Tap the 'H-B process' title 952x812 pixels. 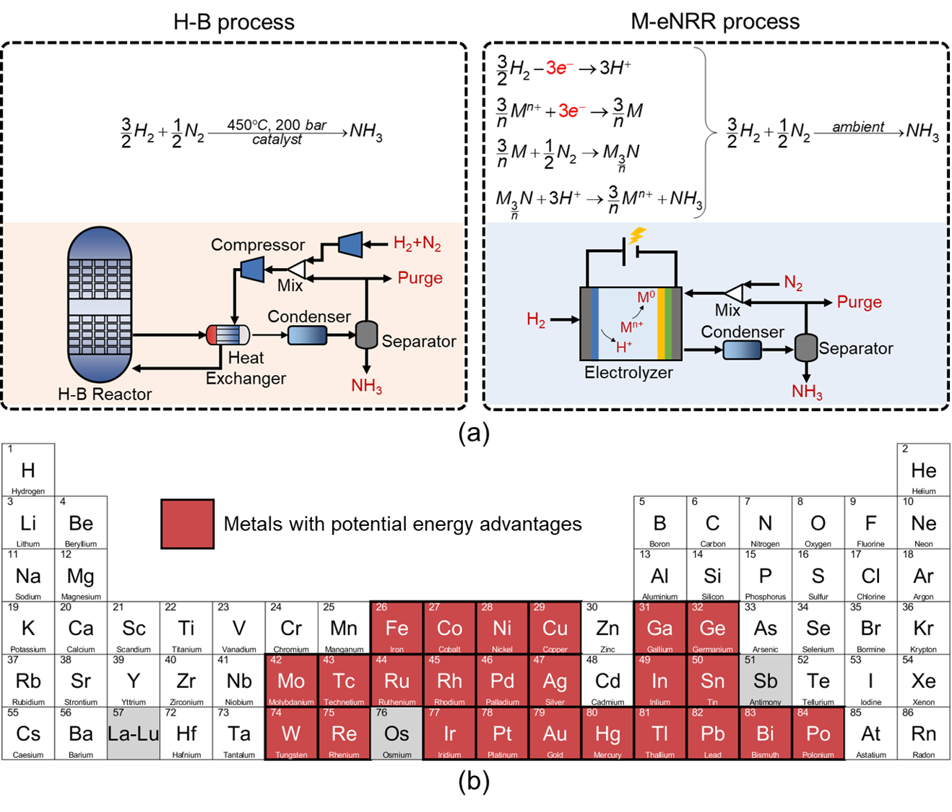pos(233,22)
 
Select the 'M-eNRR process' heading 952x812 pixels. pos(715,22)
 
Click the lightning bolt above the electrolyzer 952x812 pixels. pos(637,236)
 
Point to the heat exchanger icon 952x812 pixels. pos(228,334)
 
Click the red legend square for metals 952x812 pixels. pos(187,524)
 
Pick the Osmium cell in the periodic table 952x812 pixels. pos(397,733)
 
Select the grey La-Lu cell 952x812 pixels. pos(134,733)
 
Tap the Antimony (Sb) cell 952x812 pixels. pos(765,681)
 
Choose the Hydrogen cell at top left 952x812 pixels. pos(28,470)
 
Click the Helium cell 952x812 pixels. pos(923,470)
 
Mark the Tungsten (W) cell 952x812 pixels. pos(291,733)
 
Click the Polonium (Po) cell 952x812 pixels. pos(818,733)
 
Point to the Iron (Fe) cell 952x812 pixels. pos(397,628)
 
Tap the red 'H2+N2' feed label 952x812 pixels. pos(417,243)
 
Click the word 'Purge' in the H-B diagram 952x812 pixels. pos(420,278)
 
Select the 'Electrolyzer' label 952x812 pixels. pos(628,373)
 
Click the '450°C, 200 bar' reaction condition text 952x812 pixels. pos(277,125)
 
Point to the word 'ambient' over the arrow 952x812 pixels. pos(858,127)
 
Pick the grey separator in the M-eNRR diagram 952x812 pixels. pos(805,347)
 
